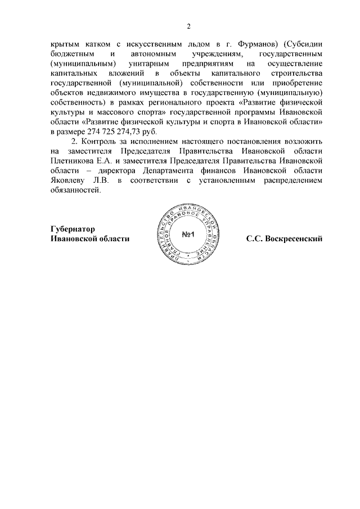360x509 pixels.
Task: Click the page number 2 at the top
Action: pos(190,26)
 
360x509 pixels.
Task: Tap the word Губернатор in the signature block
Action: pos(69,229)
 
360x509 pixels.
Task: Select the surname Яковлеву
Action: pos(68,181)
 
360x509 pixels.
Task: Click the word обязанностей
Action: pos(76,191)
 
